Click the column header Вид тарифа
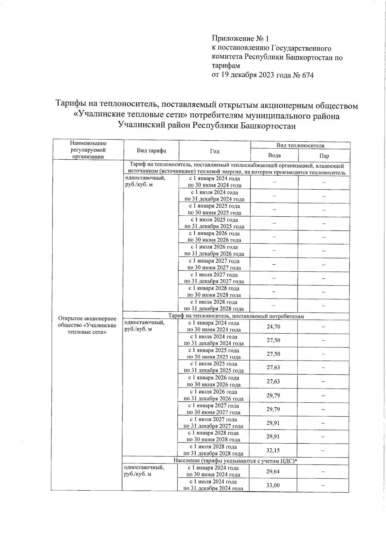point(151,150)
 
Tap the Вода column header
point(274,155)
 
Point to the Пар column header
point(324,156)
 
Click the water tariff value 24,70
point(273,327)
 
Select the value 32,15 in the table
point(273,450)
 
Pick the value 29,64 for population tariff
point(273,472)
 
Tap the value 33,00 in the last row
point(273,485)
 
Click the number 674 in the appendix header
point(308,75)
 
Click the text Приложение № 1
point(240,39)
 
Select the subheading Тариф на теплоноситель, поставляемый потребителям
point(236,316)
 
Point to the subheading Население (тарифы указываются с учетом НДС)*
point(235,461)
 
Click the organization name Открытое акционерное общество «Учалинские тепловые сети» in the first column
point(87,325)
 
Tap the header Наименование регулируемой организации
point(88,150)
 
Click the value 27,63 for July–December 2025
point(273,368)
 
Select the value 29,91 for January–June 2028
point(273,437)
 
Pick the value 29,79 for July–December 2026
point(273,395)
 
